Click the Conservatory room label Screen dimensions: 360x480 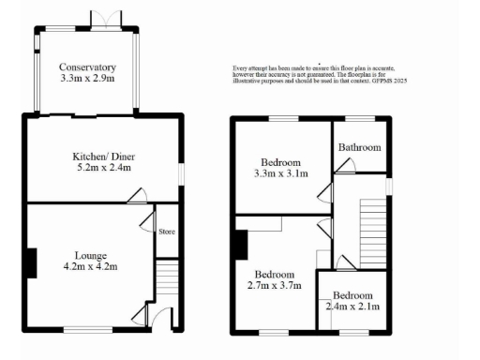click(86, 67)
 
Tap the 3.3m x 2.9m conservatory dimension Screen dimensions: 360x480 click(86, 80)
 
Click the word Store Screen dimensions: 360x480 click(167, 232)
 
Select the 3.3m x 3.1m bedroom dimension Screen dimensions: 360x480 click(281, 173)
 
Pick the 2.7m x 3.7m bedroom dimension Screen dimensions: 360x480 click(275, 286)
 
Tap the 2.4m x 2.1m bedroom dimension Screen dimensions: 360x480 click(352, 306)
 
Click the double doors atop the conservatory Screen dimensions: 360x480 click(101, 19)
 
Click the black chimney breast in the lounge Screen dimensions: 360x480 click(32, 262)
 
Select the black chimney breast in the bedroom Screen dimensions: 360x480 click(241, 244)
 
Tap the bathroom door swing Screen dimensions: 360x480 click(345, 166)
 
